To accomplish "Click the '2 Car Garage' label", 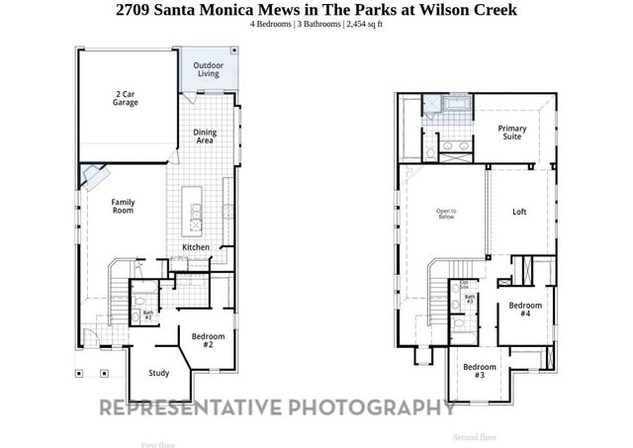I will (x=126, y=97).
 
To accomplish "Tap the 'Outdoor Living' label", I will (x=208, y=69).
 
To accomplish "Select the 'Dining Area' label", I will (x=205, y=136).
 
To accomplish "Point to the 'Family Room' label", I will (x=122, y=205).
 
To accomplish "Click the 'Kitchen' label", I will (x=196, y=247).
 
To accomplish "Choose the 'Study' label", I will (x=158, y=373).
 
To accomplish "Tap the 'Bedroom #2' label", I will (x=208, y=341).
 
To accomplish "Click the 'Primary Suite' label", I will (x=511, y=133).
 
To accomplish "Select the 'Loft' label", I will (x=519, y=212).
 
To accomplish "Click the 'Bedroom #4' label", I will (x=526, y=310).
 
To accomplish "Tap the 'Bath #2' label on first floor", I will (x=147, y=315).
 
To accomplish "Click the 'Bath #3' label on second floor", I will (x=471, y=299).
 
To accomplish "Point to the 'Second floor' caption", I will (x=475, y=436).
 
